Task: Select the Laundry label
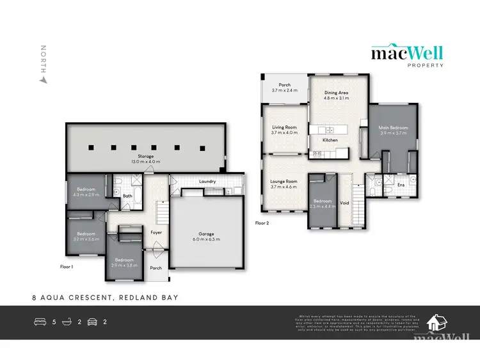coord(207,182)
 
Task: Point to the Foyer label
coord(156,233)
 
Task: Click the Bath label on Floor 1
coord(127,196)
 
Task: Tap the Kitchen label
coord(330,140)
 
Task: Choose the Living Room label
coord(284,128)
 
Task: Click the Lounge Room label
coord(284,182)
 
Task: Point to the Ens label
coord(401,185)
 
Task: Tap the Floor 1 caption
coord(67,266)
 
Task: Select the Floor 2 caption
coord(262,223)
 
